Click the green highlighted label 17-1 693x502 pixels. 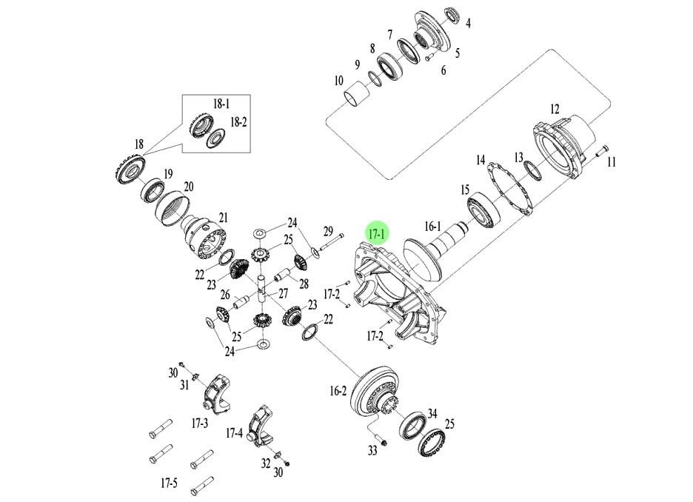click(378, 234)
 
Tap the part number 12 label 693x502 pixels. click(555, 109)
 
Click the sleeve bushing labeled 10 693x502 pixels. click(358, 96)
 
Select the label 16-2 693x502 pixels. click(338, 390)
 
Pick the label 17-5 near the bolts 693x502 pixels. click(169, 483)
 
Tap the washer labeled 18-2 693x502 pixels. click(216, 137)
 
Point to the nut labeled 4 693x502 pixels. click(452, 15)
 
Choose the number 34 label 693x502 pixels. click(432, 413)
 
